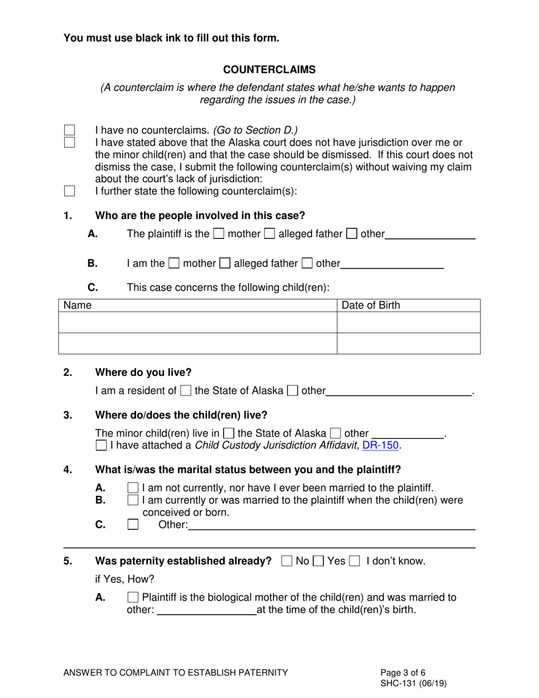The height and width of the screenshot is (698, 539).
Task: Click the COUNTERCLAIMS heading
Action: pos(269,70)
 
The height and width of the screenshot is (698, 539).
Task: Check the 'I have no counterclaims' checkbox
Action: pos(69,131)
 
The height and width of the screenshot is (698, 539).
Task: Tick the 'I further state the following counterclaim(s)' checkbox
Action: pos(69,191)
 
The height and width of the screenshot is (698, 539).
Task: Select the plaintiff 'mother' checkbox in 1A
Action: pos(218,234)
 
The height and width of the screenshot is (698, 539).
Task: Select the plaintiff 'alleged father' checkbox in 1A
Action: pos(270,234)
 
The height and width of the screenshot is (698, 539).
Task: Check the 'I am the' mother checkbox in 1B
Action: pos(175,263)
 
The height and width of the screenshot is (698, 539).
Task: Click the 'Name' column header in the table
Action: pos(78,305)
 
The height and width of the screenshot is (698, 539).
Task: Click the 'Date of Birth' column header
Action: pos(370,305)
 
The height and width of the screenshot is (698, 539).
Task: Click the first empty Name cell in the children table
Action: pos(197,322)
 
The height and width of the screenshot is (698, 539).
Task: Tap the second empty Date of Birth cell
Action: pos(409,343)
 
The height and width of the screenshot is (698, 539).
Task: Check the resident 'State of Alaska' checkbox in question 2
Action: pos(186,390)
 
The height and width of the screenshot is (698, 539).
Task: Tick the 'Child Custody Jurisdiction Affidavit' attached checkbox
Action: pos(101,445)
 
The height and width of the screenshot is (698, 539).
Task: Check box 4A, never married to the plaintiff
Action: pos(133,488)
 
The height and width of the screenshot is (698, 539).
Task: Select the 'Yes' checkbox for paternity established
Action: pos(318,561)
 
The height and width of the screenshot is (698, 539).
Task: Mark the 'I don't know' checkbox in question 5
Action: pos(355,561)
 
